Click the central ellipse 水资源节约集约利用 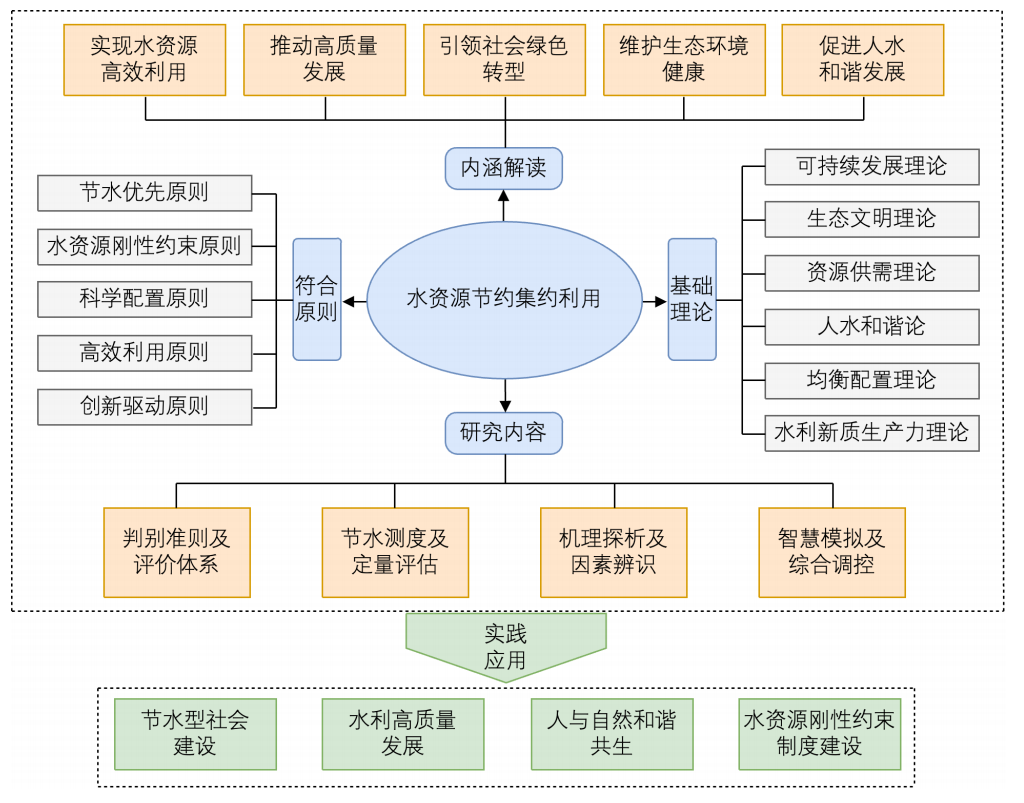(x=504, y=298)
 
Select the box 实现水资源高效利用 (x=144, y=59)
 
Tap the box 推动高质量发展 (x=324, y=59)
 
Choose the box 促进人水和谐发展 (x=862, y=59)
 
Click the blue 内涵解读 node (x=503, y=168)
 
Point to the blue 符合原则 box (x=316, y=299)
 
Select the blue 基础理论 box (x=692, y=299)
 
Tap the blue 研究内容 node (x=503, y=432)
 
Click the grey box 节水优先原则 (x=144, y=192)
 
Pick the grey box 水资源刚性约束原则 (x=144, y=245)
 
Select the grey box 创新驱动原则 (x=144, y=406)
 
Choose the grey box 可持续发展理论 (x=871, y=166)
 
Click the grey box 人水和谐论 (x=871, y=326)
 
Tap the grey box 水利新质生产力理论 (x=871, y=433)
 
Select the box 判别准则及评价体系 (x=177, y=552)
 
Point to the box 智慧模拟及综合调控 (x=831, y=552)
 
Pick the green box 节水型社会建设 (x=194, y=734)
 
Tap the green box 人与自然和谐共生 (x=611, y=734)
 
